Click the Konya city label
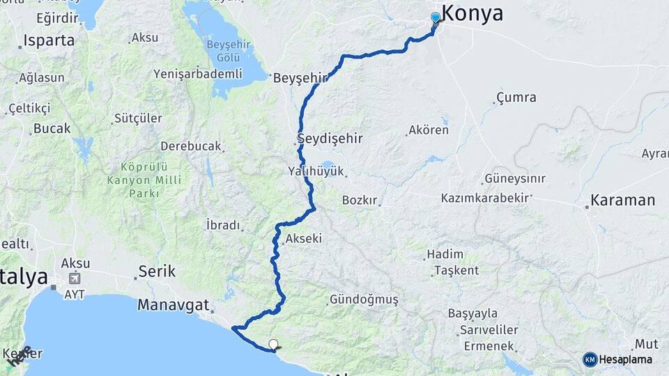point(472,13)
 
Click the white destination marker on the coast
point(274,344)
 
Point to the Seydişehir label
point(330,139)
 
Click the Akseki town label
point(303,239)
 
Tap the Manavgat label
point(174,304)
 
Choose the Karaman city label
point(622,201)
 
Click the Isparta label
point(49,40)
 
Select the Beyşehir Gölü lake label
point(224,50)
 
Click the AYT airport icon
point(75,279)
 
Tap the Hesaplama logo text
point(626,359)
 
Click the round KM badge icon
point(590,359)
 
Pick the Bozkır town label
point(360,201)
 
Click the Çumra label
point(516,97)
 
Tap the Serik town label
point(157,271)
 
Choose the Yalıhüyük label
point(317,171)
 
